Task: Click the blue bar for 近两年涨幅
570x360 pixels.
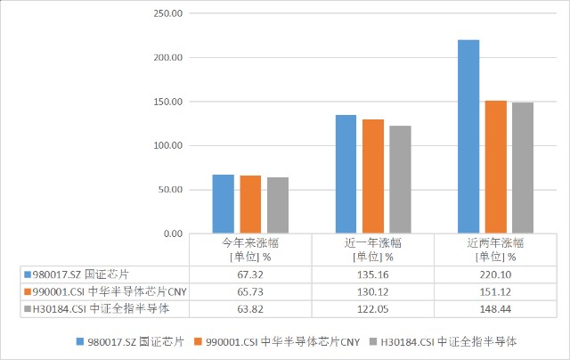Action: pos(468,136)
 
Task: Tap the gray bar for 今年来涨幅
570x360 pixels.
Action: pos(278,205)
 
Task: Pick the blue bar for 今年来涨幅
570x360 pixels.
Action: pos(223,204)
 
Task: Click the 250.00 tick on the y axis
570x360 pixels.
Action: pos(167,13)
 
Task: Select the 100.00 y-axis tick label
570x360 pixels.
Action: pos(167,145)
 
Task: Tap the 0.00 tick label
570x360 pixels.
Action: pos(172,233)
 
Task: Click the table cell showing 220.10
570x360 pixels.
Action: pos(495,274)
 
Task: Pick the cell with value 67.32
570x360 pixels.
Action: pos(250,274)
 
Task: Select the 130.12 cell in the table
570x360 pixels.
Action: pos(372,291)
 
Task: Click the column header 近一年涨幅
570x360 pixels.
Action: pos(372,249)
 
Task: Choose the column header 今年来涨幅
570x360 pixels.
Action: pos(250,249)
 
